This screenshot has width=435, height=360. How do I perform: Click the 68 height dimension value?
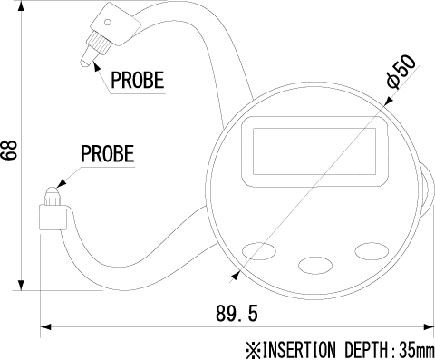tap(9, 151)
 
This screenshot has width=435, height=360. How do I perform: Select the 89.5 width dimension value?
tap(237, 313)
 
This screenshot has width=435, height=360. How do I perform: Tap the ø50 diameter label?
tap(401, 72)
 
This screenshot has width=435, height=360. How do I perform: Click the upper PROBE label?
tap(138, 80)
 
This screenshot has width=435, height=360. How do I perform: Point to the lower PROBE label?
tap(107, 153)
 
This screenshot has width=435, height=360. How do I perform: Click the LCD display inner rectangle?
tap(314, 151)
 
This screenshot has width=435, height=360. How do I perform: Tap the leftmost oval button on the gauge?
tap(259, 250)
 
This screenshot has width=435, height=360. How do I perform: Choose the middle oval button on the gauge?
tap(315, 265)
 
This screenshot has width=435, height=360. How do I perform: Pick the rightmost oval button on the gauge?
tap(372, 251)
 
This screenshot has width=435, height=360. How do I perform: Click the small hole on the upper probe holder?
tap(108, 22)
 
